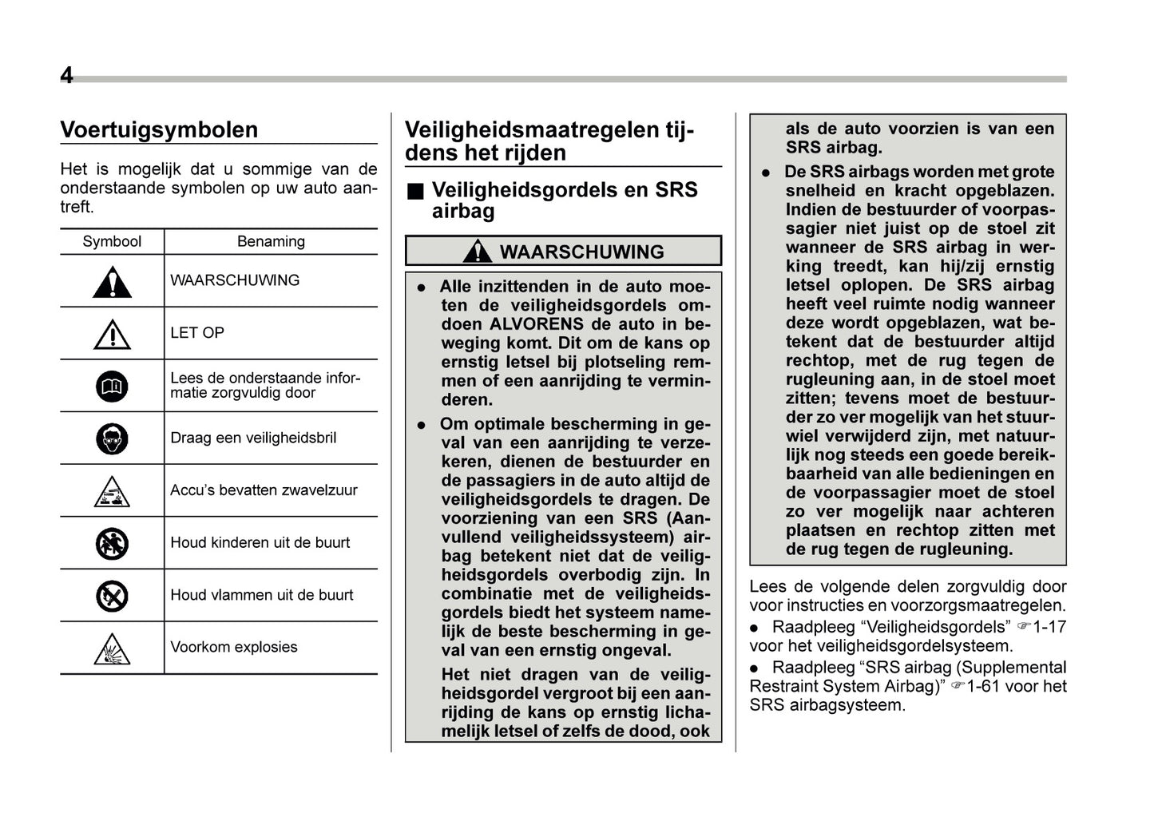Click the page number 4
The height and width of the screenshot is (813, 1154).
click(67, 75)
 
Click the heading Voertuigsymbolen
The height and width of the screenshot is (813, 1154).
click(159, 130)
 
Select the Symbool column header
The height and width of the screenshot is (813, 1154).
click(112, 242)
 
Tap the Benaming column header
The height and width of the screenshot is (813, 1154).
click(271, 242)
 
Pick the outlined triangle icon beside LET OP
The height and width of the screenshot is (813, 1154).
click(112, 335)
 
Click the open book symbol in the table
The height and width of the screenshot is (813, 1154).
click(112, 387)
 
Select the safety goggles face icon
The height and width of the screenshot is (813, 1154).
click(112, 439)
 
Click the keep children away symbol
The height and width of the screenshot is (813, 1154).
click(112, 544)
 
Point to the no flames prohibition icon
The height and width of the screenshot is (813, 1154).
click(112, 596)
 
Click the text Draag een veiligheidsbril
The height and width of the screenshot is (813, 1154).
click(253, 438)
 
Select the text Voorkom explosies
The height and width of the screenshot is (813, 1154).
click(233, 648)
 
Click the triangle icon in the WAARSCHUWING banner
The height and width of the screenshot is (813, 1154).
click(477, 252)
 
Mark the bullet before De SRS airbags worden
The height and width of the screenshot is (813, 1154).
click(766, 173)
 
